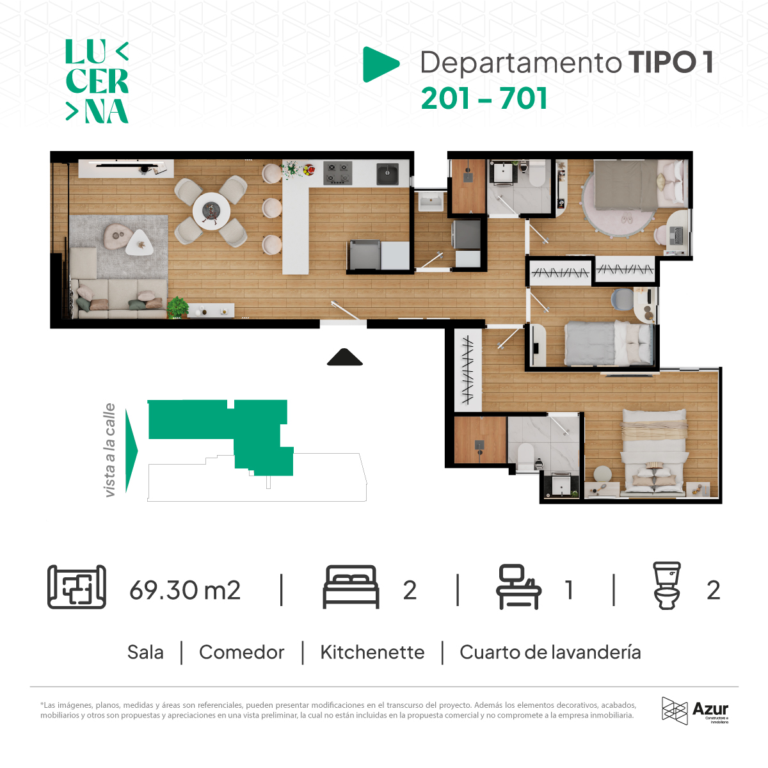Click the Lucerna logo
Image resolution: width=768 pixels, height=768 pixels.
tap(97, 81)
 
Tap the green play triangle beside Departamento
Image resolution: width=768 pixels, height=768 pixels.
tap(381, 64)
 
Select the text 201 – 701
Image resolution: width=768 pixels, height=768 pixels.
tap(484, 99)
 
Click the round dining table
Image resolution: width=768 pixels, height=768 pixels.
tap(211, 211)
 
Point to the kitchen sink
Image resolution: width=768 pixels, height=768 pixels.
tap(387, 174)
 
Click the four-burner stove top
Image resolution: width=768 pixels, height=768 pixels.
tap(337, 173)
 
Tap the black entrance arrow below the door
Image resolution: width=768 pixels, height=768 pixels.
tap(345, 357)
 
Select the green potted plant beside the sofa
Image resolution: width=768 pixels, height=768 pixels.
tap(177, 307)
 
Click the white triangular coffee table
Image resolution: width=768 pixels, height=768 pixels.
tap(139, 243)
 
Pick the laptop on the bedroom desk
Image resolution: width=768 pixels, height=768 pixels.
tap(676, 236)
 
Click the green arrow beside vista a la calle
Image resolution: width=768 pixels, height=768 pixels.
tap(131, 451)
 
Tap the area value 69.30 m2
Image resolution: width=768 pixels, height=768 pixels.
tap(185, 590)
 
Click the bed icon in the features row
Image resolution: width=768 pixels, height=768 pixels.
tap(351, 587)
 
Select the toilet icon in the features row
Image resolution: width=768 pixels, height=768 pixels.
tap(667, 586)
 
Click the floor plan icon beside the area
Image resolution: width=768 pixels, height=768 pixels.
tap(77, 587)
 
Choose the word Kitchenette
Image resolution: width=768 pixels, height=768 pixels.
tap(372, 652)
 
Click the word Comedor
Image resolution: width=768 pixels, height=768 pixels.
tap(241, 652)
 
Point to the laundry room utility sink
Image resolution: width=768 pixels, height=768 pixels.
tap(431, 201)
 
